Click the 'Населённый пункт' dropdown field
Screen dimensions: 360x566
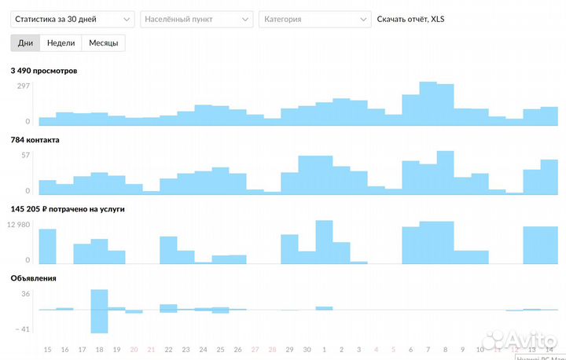click(197, 19)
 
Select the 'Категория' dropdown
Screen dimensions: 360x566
click(314, 19)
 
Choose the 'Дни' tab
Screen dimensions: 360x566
click(25, 43)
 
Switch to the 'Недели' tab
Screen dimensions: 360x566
click(61, 43)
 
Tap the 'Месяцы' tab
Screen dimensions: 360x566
click(103, 43)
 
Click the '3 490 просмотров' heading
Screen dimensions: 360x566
click(44, 71)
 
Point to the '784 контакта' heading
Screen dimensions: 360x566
click(35, 140)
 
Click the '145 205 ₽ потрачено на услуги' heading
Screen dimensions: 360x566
click(68, 209)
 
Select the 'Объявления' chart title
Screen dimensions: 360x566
click(33, 277)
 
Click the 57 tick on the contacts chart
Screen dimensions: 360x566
click(25, 155)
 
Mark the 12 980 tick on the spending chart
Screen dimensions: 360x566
click(18, 225)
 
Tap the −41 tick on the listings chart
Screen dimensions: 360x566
click(21, 329)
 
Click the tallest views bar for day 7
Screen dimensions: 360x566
click(428, 103)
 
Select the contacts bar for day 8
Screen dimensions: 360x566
click(446, 172)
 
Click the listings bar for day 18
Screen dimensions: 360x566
click(99, 310)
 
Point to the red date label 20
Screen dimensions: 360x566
click(134, 349)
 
